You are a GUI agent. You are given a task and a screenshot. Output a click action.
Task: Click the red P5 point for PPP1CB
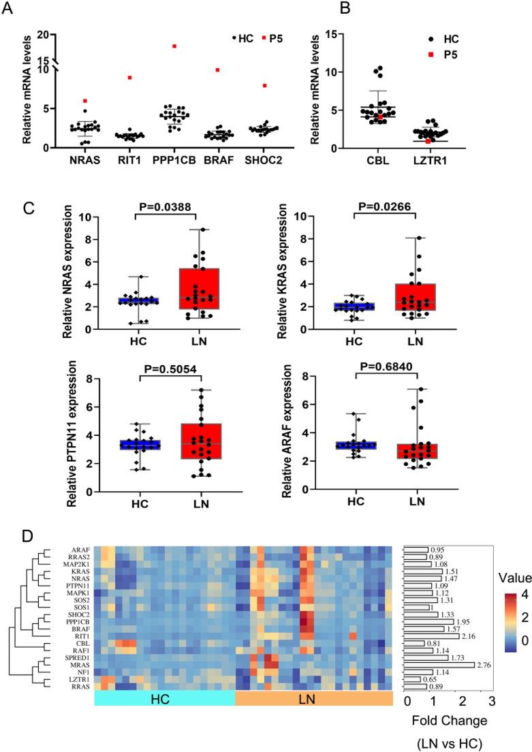pyautogui.click(x=174, y=46)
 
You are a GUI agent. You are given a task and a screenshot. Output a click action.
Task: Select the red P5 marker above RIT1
pyautogui.click(x=129, y=78)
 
